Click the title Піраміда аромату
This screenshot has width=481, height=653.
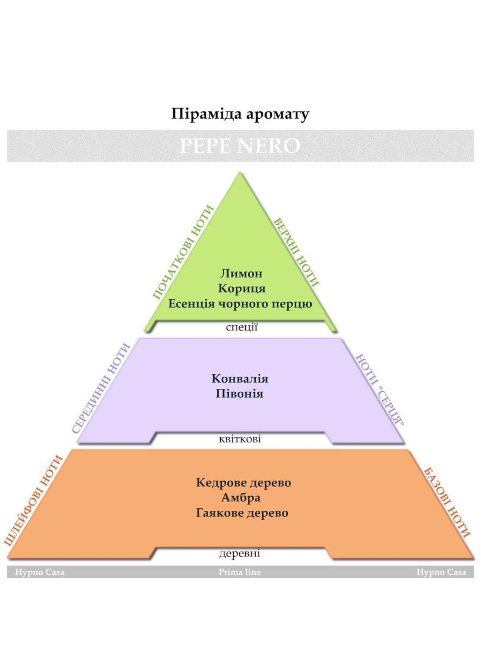(240, 114)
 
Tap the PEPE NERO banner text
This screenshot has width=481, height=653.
(240, 146)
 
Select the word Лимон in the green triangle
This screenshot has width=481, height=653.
(241, 273)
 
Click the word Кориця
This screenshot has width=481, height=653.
(242, 289)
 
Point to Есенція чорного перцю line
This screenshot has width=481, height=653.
(240, 304)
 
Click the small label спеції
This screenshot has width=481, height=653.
(242, 327)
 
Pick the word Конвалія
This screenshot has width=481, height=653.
(240, 379)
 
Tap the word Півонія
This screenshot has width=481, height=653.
(239, 394)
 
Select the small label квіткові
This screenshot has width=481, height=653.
(240, 439)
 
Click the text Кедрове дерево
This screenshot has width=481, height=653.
(243, 483)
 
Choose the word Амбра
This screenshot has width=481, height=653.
(241, 498)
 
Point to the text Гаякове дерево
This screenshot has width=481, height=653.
(242, 513)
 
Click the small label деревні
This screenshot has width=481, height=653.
(240, 553)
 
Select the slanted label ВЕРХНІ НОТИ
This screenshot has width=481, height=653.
(297, 252)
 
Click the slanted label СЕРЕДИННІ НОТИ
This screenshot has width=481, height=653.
(101, 388)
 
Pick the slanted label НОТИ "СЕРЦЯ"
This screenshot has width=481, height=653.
(380, 390)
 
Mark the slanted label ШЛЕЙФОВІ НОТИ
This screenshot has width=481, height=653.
(33, 500)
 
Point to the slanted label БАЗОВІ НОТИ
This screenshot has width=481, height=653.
(447, 502)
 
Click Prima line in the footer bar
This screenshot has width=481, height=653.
(240, 572)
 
